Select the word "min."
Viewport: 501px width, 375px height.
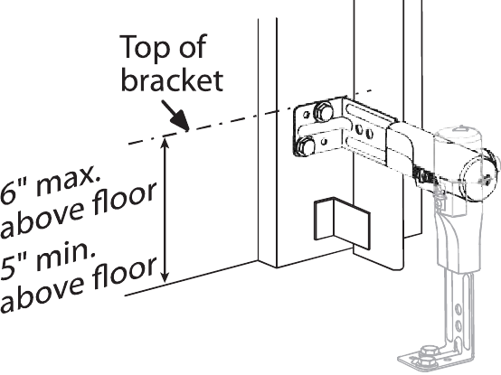(63, 256)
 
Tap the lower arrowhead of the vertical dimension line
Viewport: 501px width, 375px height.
(165, 277)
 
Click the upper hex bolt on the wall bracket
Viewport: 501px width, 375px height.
(323, 112)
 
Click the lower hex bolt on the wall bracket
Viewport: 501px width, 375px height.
(305, 146)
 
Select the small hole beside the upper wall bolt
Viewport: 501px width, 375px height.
(307, 115)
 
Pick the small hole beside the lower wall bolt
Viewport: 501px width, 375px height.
(324, 141)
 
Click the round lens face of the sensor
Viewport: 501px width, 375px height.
(478, 175)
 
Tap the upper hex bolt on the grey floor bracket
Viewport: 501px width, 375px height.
(429, 352)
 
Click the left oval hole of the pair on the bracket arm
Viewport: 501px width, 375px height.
(359, 129)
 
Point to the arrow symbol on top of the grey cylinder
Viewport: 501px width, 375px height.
(461, 128)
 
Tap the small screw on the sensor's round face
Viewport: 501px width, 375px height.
(487, 178)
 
